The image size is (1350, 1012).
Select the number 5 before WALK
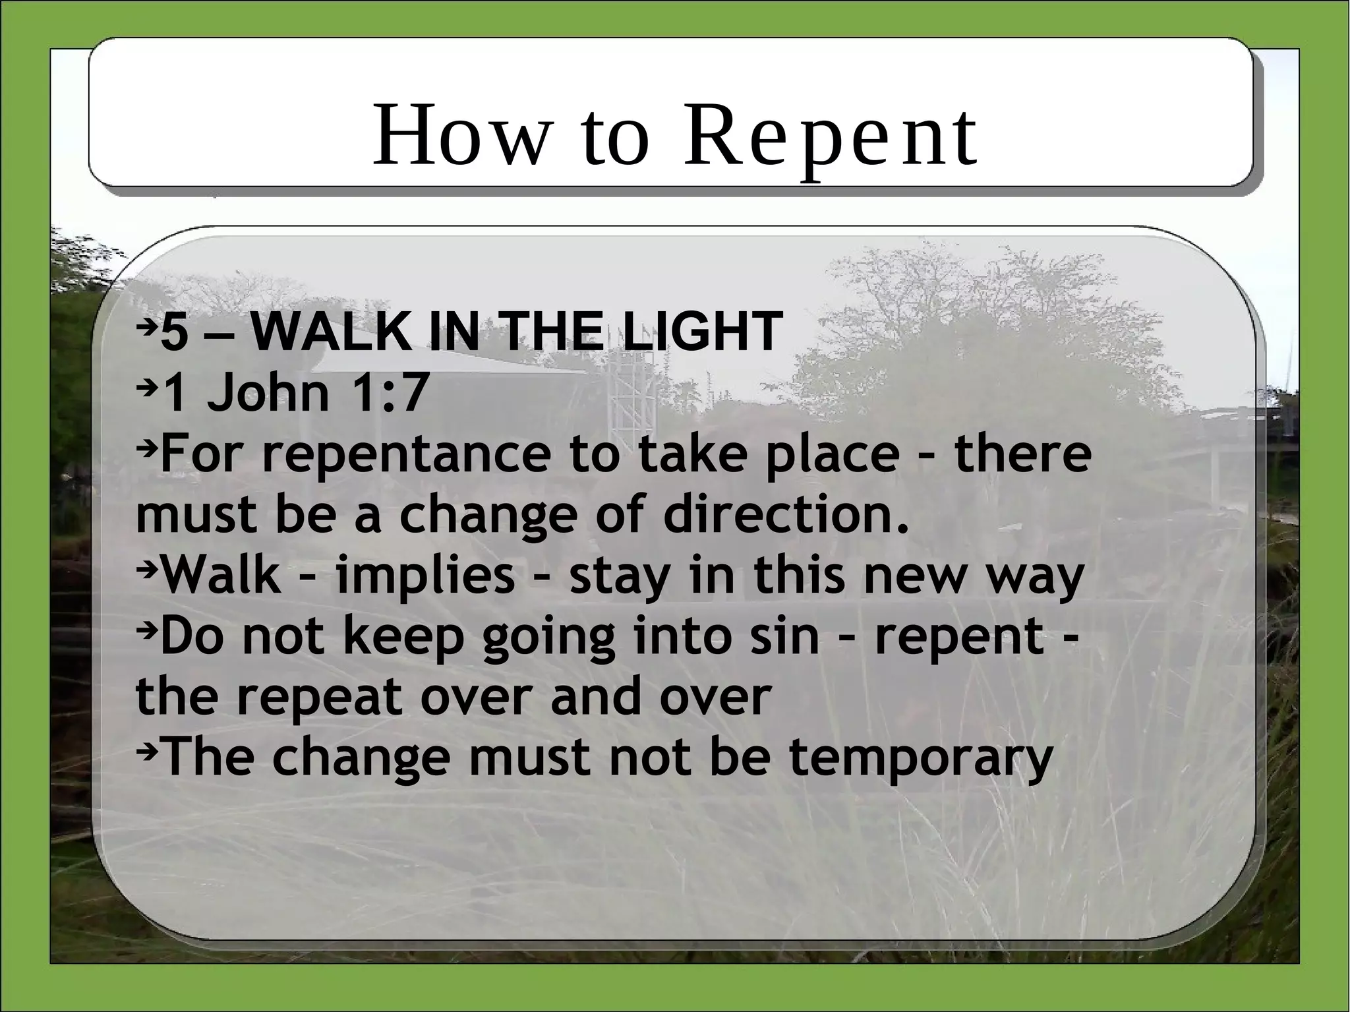175,333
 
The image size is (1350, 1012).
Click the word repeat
318,697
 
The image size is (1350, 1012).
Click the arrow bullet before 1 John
148,386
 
